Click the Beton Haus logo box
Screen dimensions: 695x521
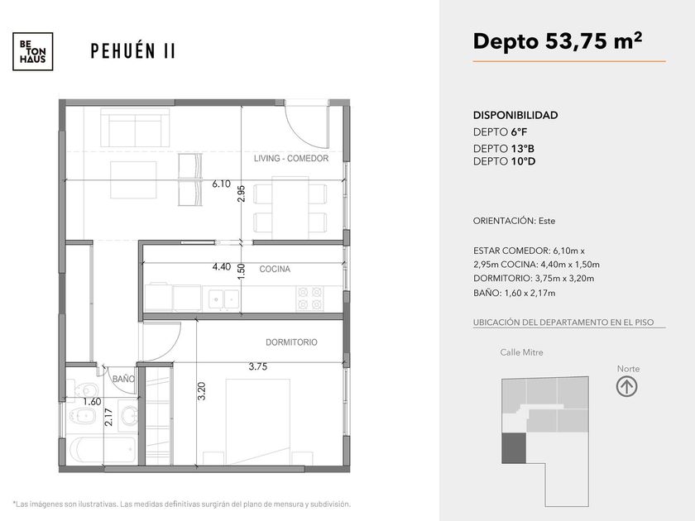pyautogui.click(x=33, y=51)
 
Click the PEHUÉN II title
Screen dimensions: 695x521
pyautogui.click(x=133, y=51)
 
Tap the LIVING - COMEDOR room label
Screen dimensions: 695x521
pyautogui.click(x=291, y=158)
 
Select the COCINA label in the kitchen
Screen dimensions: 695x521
pyautogui.click(x=275, y=269)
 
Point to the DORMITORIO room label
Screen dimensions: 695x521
pyautogui.click(x=291, y=342)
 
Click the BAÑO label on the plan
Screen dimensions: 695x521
pyautogui.click(x=123, y=379)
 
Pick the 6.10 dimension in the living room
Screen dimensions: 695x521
pyautogui.click(x=221, y=184)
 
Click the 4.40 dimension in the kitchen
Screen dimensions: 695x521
pyautogui.click(x=221, y=266)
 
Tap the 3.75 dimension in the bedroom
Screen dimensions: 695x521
pyautogui.click(x=257, y=366)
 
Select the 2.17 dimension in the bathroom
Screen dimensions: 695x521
pyautogui.click(x=108, y=417)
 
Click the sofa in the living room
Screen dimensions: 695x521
pyautogui.click(x=135, y=127)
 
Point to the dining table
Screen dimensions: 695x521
pyautogui.click(x=290, y=208)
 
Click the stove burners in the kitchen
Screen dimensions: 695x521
pyautogui.click(x=309, y=299)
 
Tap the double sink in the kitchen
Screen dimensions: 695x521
pyautogui.click(x=224, y=299)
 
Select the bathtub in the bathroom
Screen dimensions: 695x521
pyautogui.click(x=103, y=450)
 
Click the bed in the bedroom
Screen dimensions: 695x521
pyautogui.click(x=258, y=422)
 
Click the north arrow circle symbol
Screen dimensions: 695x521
pyautogui.click(x=627, y=386)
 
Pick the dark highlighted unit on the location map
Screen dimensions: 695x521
pyautogui.click(x=514, y=448)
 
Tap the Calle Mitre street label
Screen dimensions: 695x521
pyautogui.click(x=521, y=352)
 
